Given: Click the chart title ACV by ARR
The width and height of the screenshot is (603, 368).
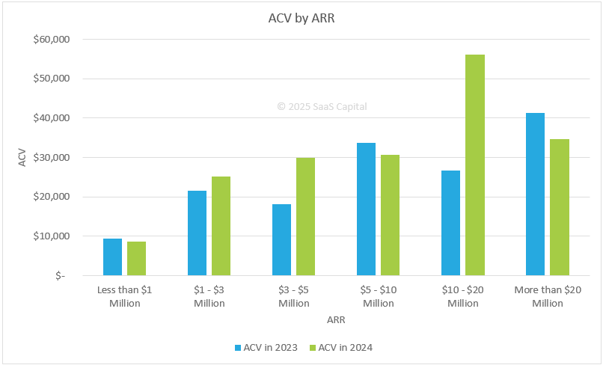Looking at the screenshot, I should coord(301,19).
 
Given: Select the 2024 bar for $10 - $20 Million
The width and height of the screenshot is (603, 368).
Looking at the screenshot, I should coord(475,165).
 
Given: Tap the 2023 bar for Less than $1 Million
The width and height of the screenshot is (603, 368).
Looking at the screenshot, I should coord(112,257).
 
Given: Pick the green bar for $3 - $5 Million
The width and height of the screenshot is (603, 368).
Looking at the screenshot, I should coord(305,216).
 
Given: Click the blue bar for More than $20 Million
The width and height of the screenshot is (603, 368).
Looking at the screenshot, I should coord(535,194).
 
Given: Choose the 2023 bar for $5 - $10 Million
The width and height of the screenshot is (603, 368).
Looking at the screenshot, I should coord(366,209).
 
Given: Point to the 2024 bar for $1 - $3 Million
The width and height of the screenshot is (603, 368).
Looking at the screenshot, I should coord(221,225).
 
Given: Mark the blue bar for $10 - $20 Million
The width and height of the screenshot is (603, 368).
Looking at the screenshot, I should coord(450,222).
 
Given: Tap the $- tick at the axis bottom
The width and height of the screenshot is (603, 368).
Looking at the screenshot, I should coord(59,276).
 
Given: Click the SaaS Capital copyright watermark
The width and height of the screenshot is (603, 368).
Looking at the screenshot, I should coord(322,107).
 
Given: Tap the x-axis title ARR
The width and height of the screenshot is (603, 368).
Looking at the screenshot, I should coord(336,320).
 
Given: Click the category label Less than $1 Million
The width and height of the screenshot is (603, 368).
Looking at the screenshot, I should coord(125,296).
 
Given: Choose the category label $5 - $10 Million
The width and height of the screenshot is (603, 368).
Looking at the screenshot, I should coord(379,296).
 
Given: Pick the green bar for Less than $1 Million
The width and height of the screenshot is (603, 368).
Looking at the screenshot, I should coord(136,258).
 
